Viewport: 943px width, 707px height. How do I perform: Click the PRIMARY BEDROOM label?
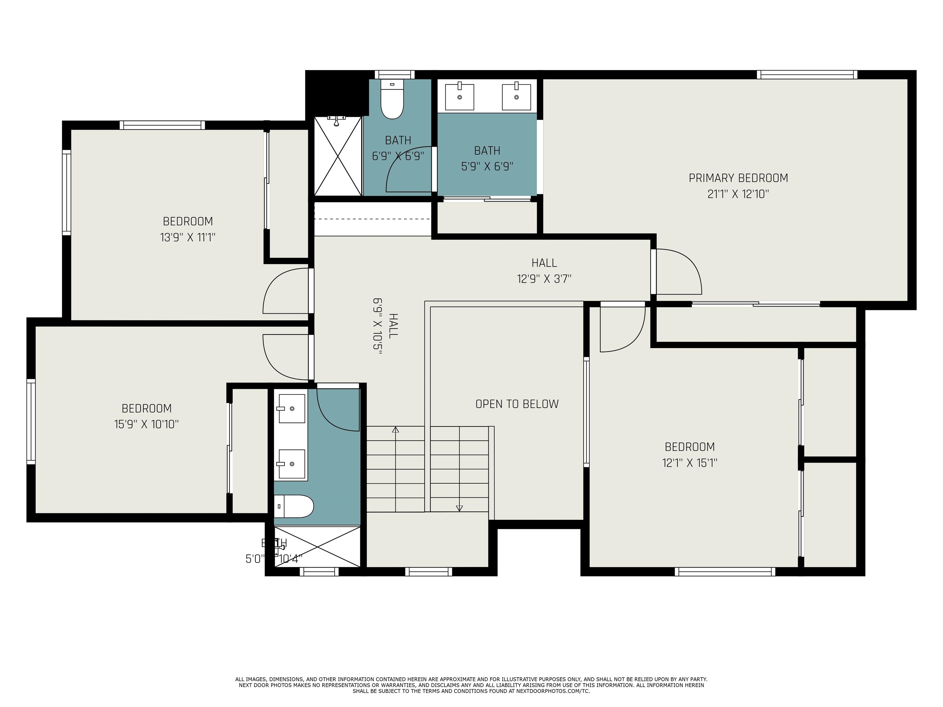[x=738, y=178]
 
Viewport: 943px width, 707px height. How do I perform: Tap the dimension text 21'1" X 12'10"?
[x=738, y=194]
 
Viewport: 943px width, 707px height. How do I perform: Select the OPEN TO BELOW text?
[x=517, y=404]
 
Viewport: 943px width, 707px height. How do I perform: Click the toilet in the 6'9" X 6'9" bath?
[x=392, y=100]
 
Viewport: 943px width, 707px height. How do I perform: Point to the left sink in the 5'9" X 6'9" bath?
[x=459, y=97]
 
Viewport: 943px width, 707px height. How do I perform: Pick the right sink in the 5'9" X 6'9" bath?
[x=516, y=97]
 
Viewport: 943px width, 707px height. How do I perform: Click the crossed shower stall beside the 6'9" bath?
[x=338, y=156]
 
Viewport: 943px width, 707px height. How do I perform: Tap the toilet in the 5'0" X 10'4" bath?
[x=294, y=506]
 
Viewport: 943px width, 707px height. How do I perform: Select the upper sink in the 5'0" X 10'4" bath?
[x=292, y=408]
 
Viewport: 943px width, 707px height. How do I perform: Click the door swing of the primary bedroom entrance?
[x=678, y=272]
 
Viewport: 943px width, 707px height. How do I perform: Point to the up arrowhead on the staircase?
[x=396, y=430]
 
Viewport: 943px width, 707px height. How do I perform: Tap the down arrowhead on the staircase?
[x=459, y=508]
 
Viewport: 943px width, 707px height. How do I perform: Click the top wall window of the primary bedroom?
[x=807, y=75]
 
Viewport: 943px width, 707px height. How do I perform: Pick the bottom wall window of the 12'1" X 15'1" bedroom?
[x=725, y=571]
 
